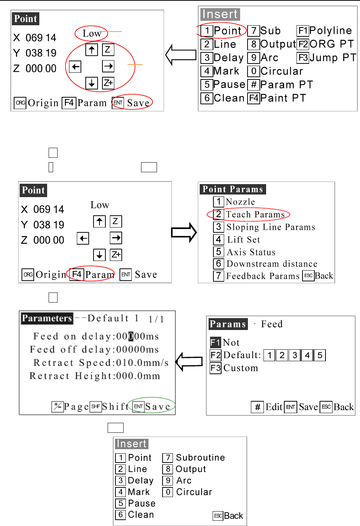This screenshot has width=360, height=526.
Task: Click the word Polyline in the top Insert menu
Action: [x=330, y=30]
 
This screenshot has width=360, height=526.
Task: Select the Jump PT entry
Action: [x=333, y=58]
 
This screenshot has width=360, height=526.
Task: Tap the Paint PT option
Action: [x=283, y=98]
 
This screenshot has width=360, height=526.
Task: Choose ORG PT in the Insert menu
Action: [x=331, y=44]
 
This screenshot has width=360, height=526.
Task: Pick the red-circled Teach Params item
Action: [x=255, y=214]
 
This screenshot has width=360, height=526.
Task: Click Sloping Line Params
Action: [x=271, y=227]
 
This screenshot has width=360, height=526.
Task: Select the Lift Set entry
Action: [x=243, y=239]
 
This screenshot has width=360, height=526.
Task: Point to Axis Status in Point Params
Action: [x=251, y=252]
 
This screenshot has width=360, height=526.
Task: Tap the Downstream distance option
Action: [x=272, y=264]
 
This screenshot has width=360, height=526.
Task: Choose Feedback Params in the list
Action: [x=263, y=276]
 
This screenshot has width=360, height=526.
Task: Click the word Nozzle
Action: [x=240, y=202]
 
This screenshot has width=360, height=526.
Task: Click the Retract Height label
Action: [x=72, y=376]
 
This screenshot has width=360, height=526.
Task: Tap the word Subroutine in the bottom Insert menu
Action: [x=200, y=457]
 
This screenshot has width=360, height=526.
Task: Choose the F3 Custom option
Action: [x=240, y=368]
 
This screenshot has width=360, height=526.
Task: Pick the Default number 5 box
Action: [x=320, y=355]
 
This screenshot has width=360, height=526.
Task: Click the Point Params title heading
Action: [x=233, y=189]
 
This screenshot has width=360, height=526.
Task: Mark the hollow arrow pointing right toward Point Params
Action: [x=184, y=233]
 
